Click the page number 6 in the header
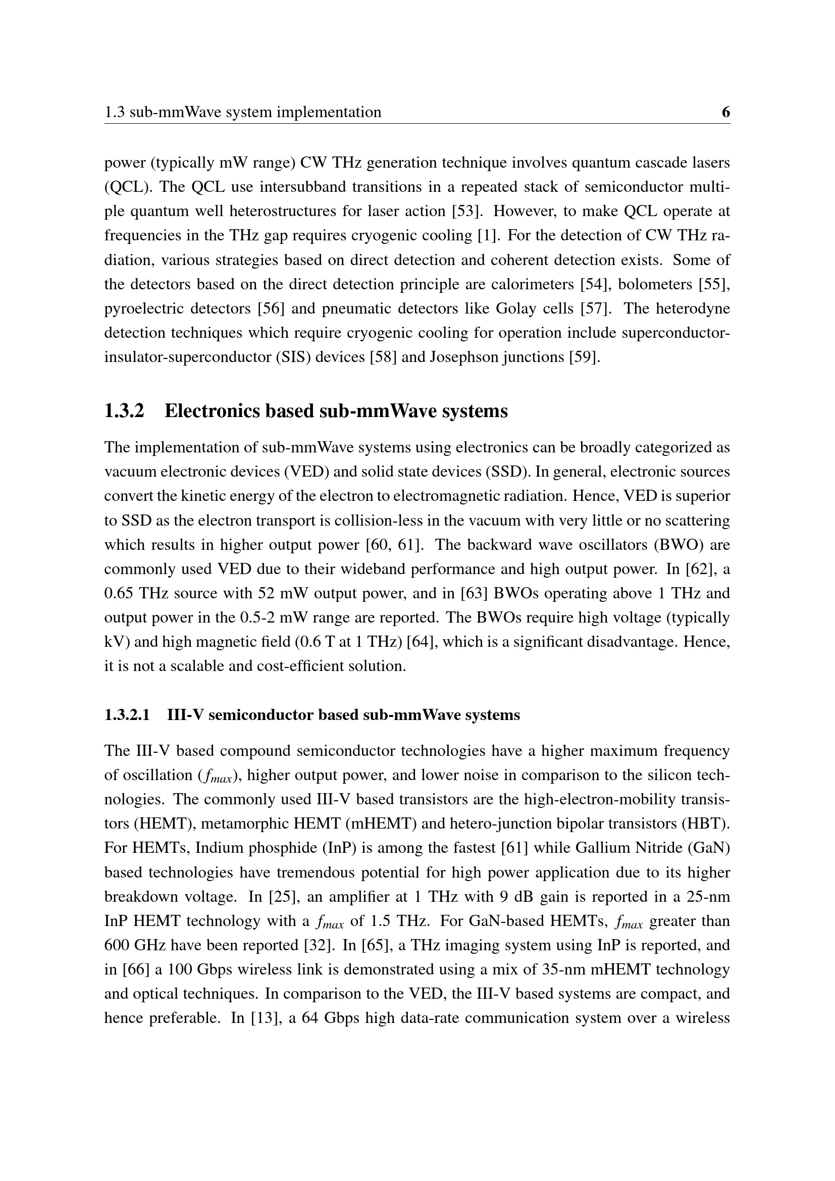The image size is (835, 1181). tap(725, 112)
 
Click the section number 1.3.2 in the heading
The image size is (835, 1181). tap(124, 411)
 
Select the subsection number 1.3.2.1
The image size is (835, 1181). tap(127, 715)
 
